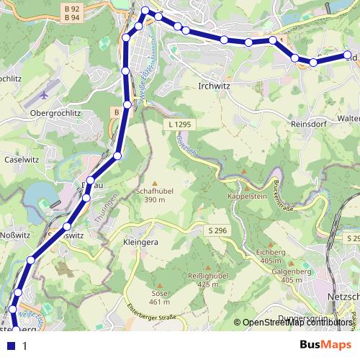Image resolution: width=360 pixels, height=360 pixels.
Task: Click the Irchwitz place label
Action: click(x=214, y=85)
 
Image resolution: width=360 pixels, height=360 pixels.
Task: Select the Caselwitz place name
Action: click(x=21, y=160)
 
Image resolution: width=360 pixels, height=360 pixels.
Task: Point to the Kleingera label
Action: click(x=140, y=243)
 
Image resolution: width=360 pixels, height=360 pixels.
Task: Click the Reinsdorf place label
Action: click(x=309, y=124)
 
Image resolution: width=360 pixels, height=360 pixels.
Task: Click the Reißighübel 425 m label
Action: click(x=202, y=280)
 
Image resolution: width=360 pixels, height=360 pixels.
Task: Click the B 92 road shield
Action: click(x=71, y=8)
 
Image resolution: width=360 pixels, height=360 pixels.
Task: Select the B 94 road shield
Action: click(x=71, y=17)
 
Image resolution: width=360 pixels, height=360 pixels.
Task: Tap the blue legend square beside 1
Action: click(x=11, y=346)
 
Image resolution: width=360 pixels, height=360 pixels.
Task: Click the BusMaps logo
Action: click(x=325, y=345)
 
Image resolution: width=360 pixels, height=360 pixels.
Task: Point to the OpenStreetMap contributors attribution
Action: click(x=297, y=323)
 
